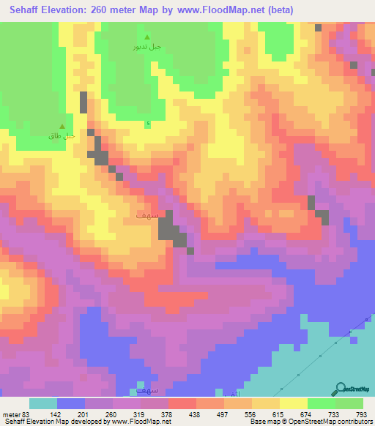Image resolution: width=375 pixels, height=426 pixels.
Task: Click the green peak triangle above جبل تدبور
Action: pos(147,37)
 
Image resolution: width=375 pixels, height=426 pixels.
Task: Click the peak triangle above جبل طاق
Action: pos(62,127)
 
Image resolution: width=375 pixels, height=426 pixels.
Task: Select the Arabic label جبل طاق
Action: pos(62,136)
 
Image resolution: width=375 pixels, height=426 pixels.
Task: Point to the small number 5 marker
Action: pos(148,123)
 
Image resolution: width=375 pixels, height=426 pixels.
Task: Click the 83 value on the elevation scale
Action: pos(26,414)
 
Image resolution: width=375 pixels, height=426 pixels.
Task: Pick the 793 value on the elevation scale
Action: pos(362,414)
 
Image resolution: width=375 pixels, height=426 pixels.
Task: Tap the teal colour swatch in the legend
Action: pos(42,403)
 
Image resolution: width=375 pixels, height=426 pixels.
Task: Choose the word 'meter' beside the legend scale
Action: pos(10,414)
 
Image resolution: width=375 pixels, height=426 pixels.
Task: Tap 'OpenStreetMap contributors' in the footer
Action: pos(341,422)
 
